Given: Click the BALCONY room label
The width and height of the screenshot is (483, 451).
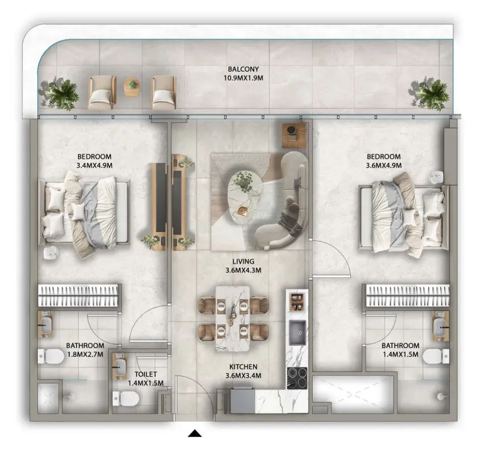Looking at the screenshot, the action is coord(243,69).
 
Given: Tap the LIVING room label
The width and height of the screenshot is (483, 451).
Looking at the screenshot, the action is coord(243,261).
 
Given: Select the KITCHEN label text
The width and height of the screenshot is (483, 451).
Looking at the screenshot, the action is coord(243,367).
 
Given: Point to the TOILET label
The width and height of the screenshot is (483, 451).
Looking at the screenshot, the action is coord(146,374).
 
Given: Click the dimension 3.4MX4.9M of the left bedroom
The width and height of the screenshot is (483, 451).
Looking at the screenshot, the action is coord(94,166).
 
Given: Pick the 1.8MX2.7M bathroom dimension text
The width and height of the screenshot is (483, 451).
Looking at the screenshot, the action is coord(85,354).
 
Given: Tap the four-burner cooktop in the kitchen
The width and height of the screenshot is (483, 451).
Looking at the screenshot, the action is coord(297,378).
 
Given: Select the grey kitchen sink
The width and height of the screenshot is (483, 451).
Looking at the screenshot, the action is coord(297,333).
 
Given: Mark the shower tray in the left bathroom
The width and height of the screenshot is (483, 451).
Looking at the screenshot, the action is coord(48,398).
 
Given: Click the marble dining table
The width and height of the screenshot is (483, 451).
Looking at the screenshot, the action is coord(233,319).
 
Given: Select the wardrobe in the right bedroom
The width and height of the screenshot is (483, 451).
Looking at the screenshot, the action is coord(407,296).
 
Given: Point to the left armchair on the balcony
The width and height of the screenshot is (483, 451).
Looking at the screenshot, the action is coord(102,93).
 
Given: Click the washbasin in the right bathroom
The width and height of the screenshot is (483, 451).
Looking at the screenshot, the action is coord(441,326).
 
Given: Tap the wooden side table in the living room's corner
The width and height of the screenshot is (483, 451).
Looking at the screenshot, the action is coord(295,135).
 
